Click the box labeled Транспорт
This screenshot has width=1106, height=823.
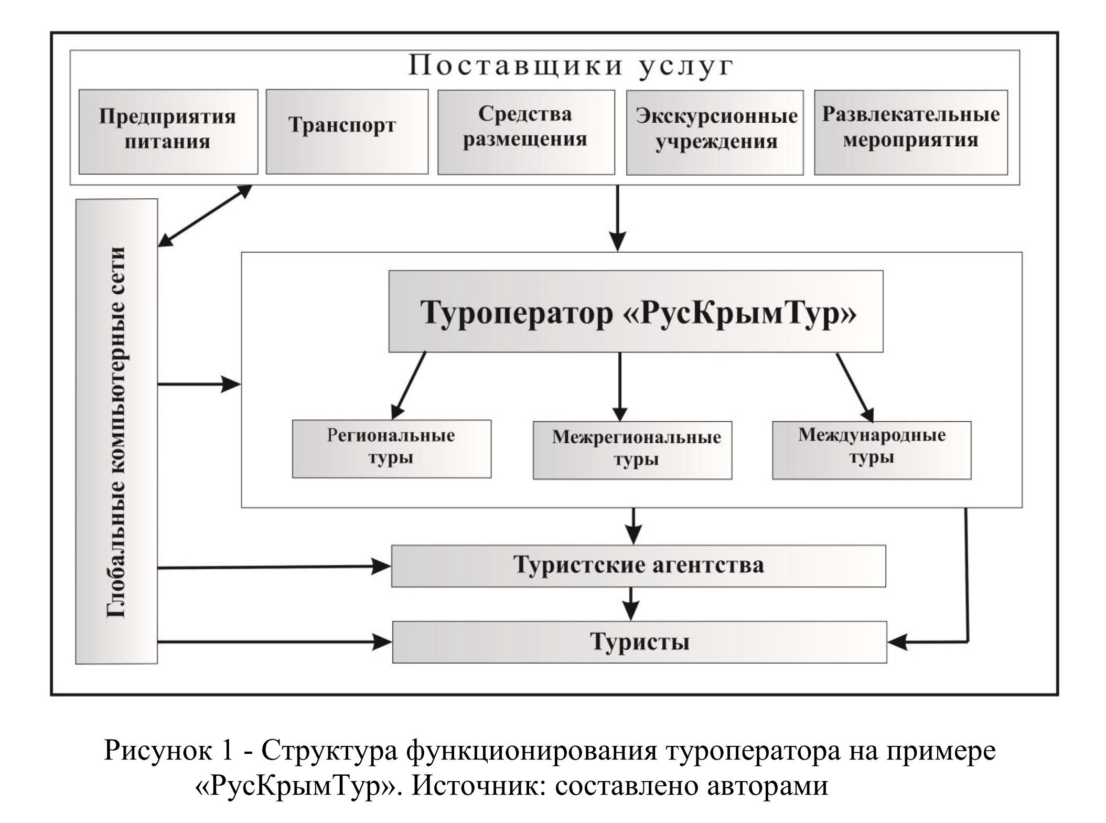[347, 131]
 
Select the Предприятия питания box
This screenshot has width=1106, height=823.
[168, 131]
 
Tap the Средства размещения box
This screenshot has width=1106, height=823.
[525, 131]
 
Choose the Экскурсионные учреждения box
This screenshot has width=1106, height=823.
[714, 132]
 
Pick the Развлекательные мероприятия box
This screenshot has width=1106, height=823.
[910, 132]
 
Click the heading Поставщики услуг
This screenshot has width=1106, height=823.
[571, 67]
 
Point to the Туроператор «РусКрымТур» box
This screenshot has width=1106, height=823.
[635, 312]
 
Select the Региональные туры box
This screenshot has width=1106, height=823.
[391, 448]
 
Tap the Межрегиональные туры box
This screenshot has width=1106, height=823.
[632, 450]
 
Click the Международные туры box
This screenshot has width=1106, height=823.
[871, 450]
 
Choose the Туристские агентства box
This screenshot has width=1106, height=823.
[638, 565]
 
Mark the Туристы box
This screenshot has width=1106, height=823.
[639, 642]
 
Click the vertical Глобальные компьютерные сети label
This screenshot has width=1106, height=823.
[116, 431]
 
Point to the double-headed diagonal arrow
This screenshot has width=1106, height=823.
[205, 216]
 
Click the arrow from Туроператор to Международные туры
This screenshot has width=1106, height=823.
[854, 387]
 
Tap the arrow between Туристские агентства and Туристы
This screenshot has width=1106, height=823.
[630, 604]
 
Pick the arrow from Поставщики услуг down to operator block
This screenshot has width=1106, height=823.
[618, 218]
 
